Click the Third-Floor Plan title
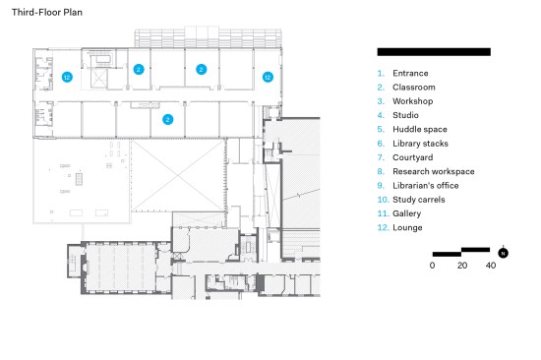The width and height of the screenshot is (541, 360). point(47,13)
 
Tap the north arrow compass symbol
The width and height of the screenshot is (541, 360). point(503,253)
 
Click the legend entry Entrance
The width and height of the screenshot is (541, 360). point(410,73)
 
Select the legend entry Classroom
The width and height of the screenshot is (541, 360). point(414,88)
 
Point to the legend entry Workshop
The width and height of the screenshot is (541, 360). point(413,101)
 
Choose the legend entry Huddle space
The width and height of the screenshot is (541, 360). point(420,130)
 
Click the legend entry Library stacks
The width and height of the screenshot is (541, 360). point(420,144)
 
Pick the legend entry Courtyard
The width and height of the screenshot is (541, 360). point(413,157)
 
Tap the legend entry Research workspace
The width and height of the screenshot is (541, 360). point(434,171)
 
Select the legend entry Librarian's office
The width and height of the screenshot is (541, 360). point(425,185)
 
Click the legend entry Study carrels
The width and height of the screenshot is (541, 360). point(418,200)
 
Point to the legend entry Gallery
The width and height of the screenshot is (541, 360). point(406,213)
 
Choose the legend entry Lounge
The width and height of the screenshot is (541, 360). point(407,227)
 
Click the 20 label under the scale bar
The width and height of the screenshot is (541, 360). point(462,266)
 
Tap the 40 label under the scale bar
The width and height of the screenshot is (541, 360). point(491,266)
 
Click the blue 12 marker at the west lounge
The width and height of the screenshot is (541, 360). point(67,77)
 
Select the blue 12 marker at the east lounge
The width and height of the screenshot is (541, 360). point(268,77)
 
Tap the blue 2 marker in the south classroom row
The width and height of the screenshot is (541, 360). point(167,119)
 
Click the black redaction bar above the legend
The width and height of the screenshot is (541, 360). point(434,52)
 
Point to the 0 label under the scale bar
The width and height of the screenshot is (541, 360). point(433,266)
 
